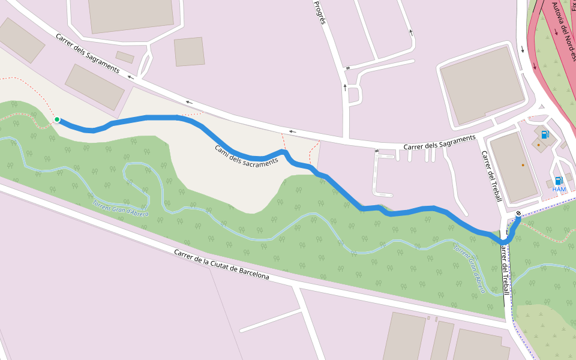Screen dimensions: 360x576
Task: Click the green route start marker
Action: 57,119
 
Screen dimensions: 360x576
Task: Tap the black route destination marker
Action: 518,213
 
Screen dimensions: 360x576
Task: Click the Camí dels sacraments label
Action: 247,155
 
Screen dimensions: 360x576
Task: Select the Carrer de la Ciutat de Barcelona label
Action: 221,265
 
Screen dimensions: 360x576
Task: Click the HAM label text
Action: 559,190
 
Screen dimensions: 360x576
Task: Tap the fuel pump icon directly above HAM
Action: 558,180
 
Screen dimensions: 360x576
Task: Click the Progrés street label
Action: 320,12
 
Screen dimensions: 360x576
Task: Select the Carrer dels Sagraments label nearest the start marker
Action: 88,53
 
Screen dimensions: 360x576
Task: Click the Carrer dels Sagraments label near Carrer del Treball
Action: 439,142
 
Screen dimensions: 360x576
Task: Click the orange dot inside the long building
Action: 523,165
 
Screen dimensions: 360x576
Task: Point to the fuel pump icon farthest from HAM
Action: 545,135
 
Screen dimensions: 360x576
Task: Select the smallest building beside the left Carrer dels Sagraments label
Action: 125,57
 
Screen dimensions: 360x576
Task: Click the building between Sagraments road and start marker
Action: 94,87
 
